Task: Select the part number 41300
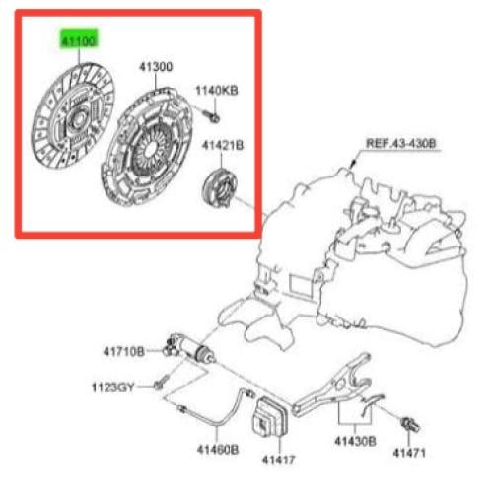click(156, 67)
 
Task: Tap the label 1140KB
click(217, 91)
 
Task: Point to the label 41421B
click(223, 145)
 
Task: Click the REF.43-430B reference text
click(401, 143)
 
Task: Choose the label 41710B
click(124, 351)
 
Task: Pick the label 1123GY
click(112, 387)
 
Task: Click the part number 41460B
click(218, 449)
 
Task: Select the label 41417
click(278, 459)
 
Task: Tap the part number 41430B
click(355, 441)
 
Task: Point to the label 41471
click(409, 453)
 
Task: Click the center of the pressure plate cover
click(149, 148)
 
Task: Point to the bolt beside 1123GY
click(160, 384)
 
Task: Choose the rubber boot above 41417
click(270, 418)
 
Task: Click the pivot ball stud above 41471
click(410, 425)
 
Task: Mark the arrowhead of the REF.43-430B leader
click(353, 164)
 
